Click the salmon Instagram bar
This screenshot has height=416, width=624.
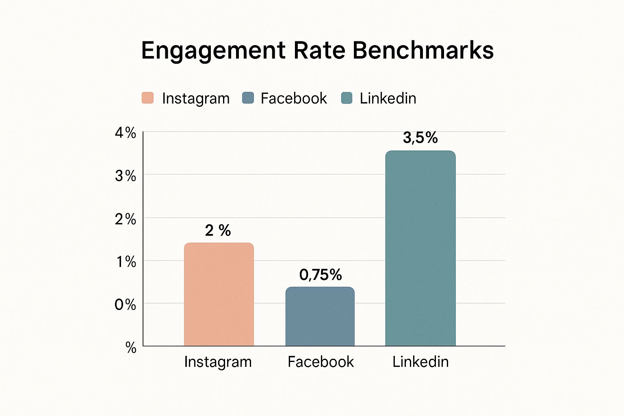tap(219, 295)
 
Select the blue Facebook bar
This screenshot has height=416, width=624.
tap(320, 316)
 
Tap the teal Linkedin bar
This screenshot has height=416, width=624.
tap(420, 248)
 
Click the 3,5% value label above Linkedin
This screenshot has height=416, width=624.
tap(420, 138)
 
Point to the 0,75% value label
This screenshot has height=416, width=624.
tap(320, 275)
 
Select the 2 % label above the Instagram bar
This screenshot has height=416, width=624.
tap(218, 231)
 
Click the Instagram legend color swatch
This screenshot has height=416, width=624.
tap(147, 98)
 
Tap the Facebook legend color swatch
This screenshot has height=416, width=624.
tap(248, 98)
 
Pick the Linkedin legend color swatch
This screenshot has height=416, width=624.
tap(347, 98)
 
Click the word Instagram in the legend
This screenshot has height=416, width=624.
tap(196, 99)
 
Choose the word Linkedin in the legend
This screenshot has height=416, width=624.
tap(388, 98)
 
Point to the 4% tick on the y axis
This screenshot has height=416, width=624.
tap(125, 133)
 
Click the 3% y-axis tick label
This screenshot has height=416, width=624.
tap(125, 176)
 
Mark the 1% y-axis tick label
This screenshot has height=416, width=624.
tap(126, 262)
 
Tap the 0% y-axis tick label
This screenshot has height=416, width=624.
tap(125, 305)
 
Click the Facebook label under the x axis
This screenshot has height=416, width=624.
tap(321, 362)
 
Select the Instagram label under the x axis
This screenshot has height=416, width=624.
tap(218, 362)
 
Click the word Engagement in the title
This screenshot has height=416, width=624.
tap(213, 51)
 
